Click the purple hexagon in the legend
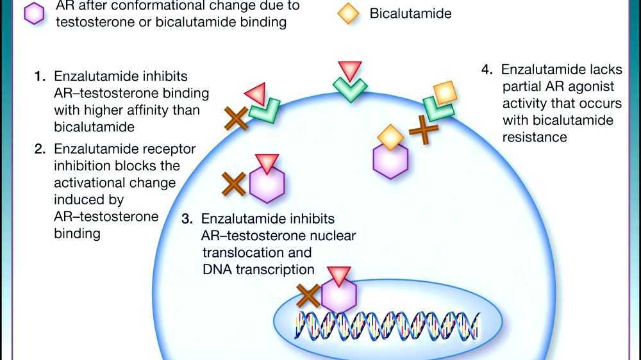(33, 13)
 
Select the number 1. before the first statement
(40, 76)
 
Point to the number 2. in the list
(40, 149)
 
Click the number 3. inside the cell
(187, 219)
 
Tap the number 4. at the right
(488, 69)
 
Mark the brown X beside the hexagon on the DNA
(309, 296)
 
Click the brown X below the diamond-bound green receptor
(424, 130)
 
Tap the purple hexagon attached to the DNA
(338, 295)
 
